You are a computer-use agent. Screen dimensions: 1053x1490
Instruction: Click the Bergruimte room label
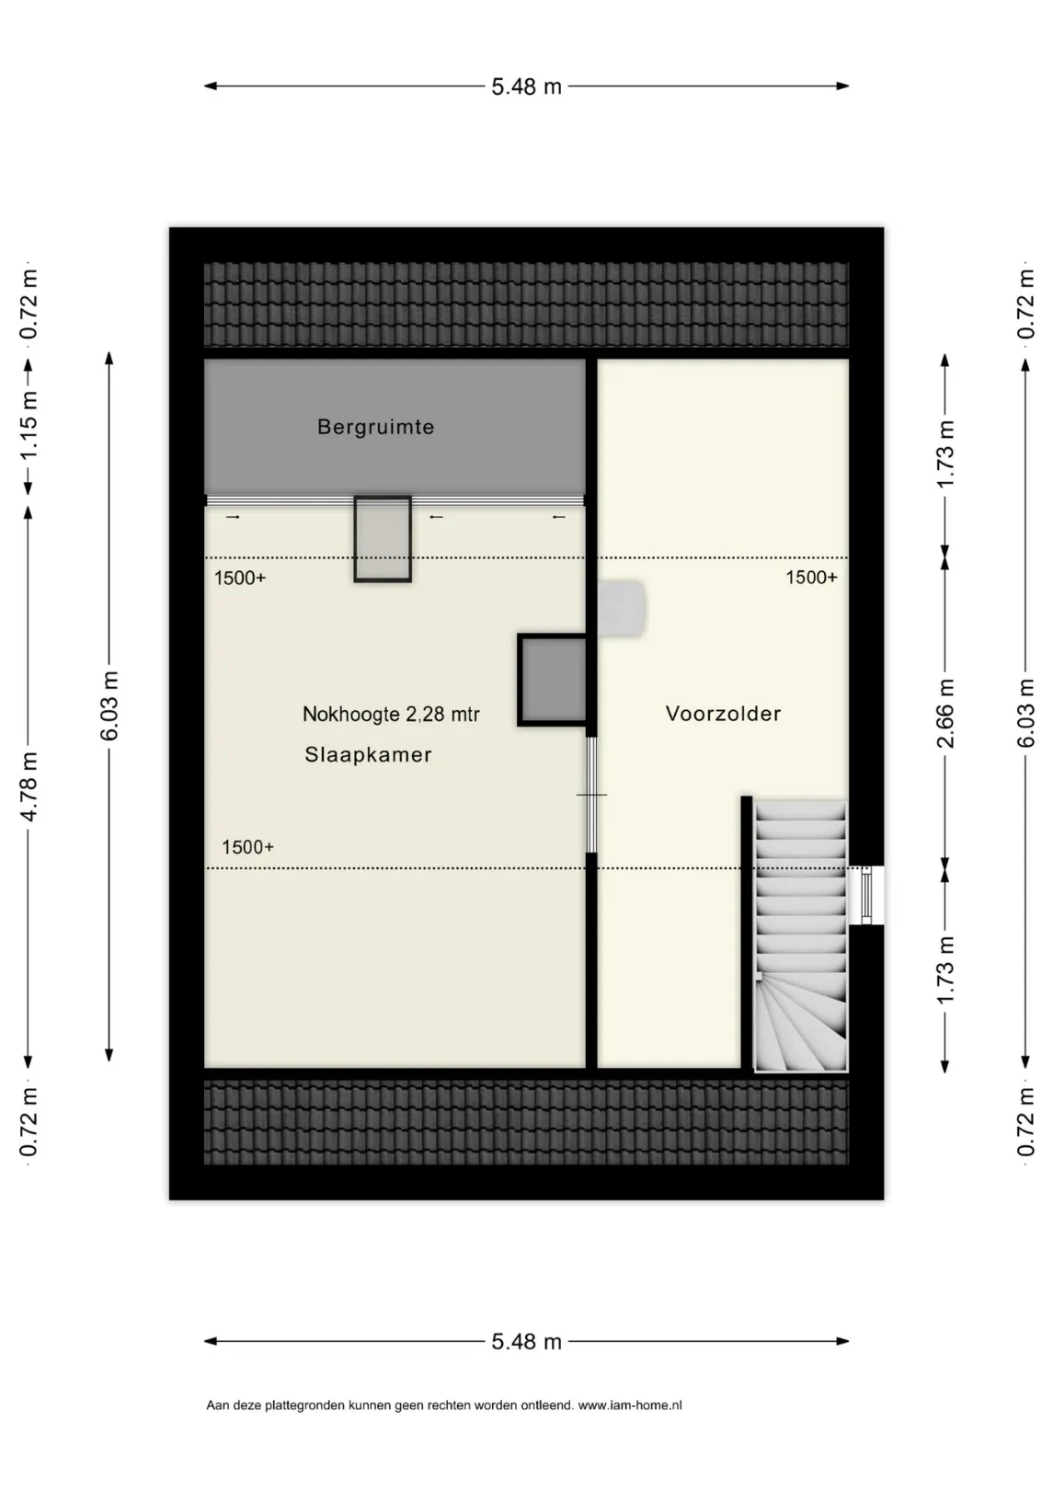tap(375, 427)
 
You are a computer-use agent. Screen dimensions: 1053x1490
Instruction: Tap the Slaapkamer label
tap(368, 754)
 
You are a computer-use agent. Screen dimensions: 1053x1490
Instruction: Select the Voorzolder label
tap(723, 714)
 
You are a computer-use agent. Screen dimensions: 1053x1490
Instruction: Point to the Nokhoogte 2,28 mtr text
tap(391, 715)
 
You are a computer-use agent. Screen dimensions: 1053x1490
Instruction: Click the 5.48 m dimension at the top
tap(526, 86)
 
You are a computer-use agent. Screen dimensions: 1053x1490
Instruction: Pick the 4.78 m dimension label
tap(29, 787)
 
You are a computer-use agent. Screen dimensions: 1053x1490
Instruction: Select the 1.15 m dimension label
tap(29, 426)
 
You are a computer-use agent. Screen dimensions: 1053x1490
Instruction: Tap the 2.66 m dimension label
tap(945, 713)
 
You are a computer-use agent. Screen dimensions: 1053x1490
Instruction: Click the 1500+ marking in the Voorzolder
tap(811, 578)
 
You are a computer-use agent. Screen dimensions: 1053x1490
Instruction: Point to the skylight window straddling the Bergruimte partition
tap(383, 539)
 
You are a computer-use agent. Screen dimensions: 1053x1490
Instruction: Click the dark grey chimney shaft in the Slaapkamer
tap(553, 680)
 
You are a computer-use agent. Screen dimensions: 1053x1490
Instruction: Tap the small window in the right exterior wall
tap(865, 895)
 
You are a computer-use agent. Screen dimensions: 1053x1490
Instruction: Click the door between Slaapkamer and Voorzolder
tap(590, 795)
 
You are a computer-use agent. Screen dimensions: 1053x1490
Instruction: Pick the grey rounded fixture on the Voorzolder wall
tap(622, 609)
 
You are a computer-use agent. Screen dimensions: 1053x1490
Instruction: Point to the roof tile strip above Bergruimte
tap(526, 304)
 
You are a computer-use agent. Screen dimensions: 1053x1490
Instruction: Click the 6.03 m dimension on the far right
tap(1025, 713)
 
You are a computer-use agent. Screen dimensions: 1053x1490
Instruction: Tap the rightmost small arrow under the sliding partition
tap(559, 517)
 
